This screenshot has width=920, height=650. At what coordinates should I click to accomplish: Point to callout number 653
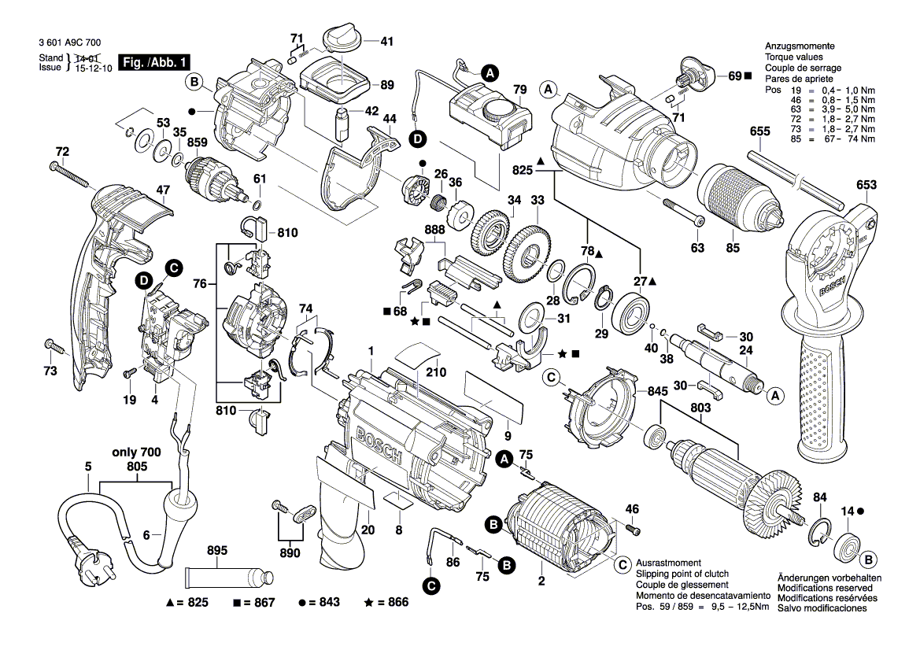[866, 186]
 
